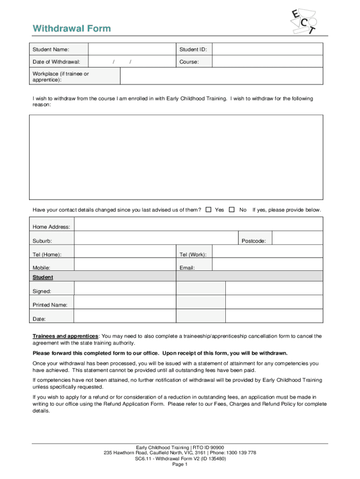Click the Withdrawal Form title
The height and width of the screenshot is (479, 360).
coord(72,29)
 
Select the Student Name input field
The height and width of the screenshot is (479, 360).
coord(132,49)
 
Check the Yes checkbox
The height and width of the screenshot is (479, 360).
coord(209,210)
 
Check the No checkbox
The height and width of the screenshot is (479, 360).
coord(231,210)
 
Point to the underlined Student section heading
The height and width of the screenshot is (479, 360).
coord(43,277)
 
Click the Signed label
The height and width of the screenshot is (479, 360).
coord(42,291)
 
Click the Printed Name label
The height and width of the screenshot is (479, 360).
coord(50,305)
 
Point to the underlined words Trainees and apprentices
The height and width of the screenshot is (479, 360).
coord(65,336)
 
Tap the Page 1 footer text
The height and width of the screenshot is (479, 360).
coord(180,464)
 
